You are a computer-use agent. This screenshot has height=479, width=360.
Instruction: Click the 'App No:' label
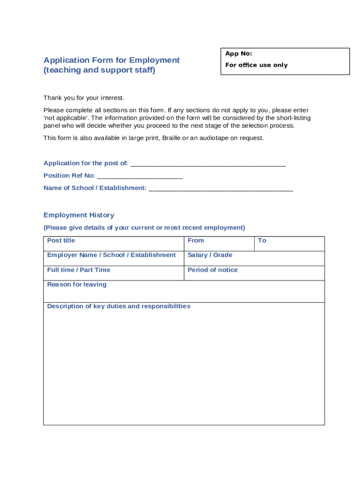point(238,54)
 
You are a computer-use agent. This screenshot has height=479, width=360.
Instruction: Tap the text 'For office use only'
point(256,65)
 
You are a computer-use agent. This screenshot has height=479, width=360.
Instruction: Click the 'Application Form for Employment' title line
point(111,60)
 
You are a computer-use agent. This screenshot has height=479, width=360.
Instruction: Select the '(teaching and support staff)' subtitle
point(99,70)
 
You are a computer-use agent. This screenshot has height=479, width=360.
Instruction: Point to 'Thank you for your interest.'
point(84,98)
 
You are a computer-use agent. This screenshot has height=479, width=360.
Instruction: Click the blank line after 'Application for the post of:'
point(208,164)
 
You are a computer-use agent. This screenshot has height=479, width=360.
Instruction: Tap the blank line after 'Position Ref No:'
point(139,176)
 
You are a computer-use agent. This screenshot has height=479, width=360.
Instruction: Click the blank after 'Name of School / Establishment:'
point(221,189)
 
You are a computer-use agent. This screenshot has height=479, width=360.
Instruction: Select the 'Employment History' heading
point(79,215)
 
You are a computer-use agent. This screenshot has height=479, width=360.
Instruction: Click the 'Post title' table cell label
point(61,240)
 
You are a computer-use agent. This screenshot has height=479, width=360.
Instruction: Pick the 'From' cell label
point(195,240)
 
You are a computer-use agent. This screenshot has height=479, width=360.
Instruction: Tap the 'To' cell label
point(262,240)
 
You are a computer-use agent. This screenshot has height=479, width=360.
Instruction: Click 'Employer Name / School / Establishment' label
point(111,255)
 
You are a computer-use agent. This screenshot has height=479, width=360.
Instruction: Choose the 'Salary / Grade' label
point(209,255)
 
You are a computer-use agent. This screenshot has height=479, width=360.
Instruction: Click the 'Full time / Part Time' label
point(79,270)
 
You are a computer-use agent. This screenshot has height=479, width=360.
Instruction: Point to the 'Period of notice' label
point(212,270)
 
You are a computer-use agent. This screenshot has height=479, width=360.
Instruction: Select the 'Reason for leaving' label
point(77,284)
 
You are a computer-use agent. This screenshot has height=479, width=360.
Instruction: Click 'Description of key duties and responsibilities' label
point(119,306)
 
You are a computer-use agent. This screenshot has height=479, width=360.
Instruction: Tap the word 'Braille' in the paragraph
point(172,138)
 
